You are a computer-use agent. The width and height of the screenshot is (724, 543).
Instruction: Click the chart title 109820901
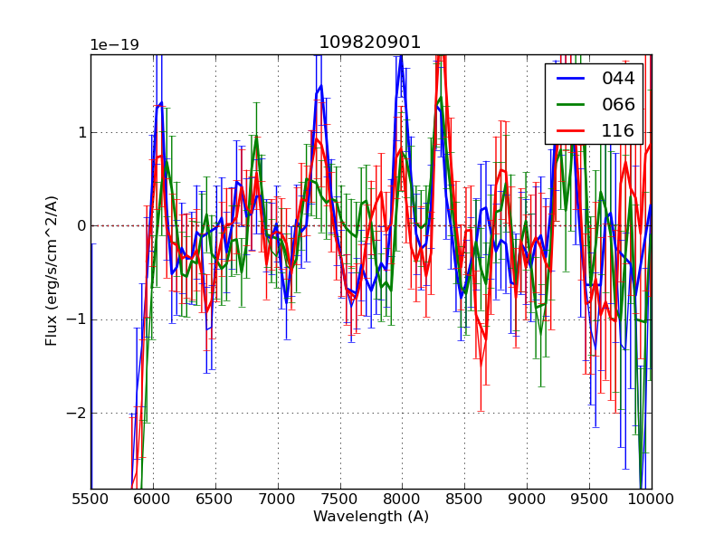pyautogui.click(x=369, y=43)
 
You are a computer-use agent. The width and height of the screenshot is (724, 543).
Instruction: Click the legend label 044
pyautogui.click(x=618, y=79)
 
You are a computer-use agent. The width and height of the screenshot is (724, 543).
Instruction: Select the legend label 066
pyautogui.click(x=618, y=105)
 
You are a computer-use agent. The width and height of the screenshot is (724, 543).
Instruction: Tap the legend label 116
pyautogui.click(x=618, y=131)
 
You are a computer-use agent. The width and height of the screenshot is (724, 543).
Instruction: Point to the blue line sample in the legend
pyautogui.click(x=570, y=79)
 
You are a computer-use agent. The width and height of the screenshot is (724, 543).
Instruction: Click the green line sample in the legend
pyautogui.click(x=570, y=105)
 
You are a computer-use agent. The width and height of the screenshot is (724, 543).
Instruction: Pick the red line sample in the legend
pyautogui.click(x=570, y=131)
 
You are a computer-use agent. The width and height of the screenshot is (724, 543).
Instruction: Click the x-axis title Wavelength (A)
pyautogui.click(x=371, y=517)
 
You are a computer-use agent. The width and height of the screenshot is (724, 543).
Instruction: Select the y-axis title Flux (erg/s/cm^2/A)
pyautogui.click(x=52, y=271)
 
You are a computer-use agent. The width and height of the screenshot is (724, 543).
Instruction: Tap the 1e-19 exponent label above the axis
pyautogui.click(x=114, y=45)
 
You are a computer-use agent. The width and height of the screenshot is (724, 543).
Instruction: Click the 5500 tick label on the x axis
pyautogui.click(x=90, y=499)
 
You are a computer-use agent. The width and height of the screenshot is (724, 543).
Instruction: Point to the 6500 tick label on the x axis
pyautogui.click(x=215, y=499)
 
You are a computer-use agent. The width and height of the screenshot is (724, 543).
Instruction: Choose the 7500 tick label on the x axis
pyautogui.click(x=339, y=499)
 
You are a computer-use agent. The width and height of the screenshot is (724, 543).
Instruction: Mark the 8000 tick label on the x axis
pyautogui.click(x=402, y=499)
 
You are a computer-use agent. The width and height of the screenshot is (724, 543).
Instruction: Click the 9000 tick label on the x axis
pyautogui.click(x=527, y=499)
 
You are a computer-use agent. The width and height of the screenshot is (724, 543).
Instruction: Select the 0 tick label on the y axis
pyautogui.click(x=80, y=226)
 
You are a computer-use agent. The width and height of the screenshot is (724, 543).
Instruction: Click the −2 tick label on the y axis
pyautogui.click(x=76, y=414)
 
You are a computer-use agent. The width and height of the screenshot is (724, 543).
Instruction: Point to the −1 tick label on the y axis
pyautogui.click(x=76, y=319)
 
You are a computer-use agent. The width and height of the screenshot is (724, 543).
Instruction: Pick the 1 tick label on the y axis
pyautogui.click(x=80, y=133)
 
